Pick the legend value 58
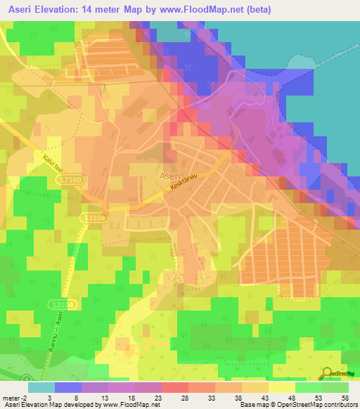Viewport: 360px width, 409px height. click(x=345, y=397)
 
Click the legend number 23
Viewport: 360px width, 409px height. click(x=158, y=397)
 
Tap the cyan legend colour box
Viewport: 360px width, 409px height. click(x=41, y=387)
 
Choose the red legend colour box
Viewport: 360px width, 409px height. click(x=175, y=387)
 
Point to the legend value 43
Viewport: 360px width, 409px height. click(x=265, y=397)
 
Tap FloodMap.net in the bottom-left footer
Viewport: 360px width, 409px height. click(x=137, y=405)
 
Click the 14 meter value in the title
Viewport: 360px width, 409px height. click(x=105, y=10)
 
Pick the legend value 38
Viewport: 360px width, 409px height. click(x=238, y=397)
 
